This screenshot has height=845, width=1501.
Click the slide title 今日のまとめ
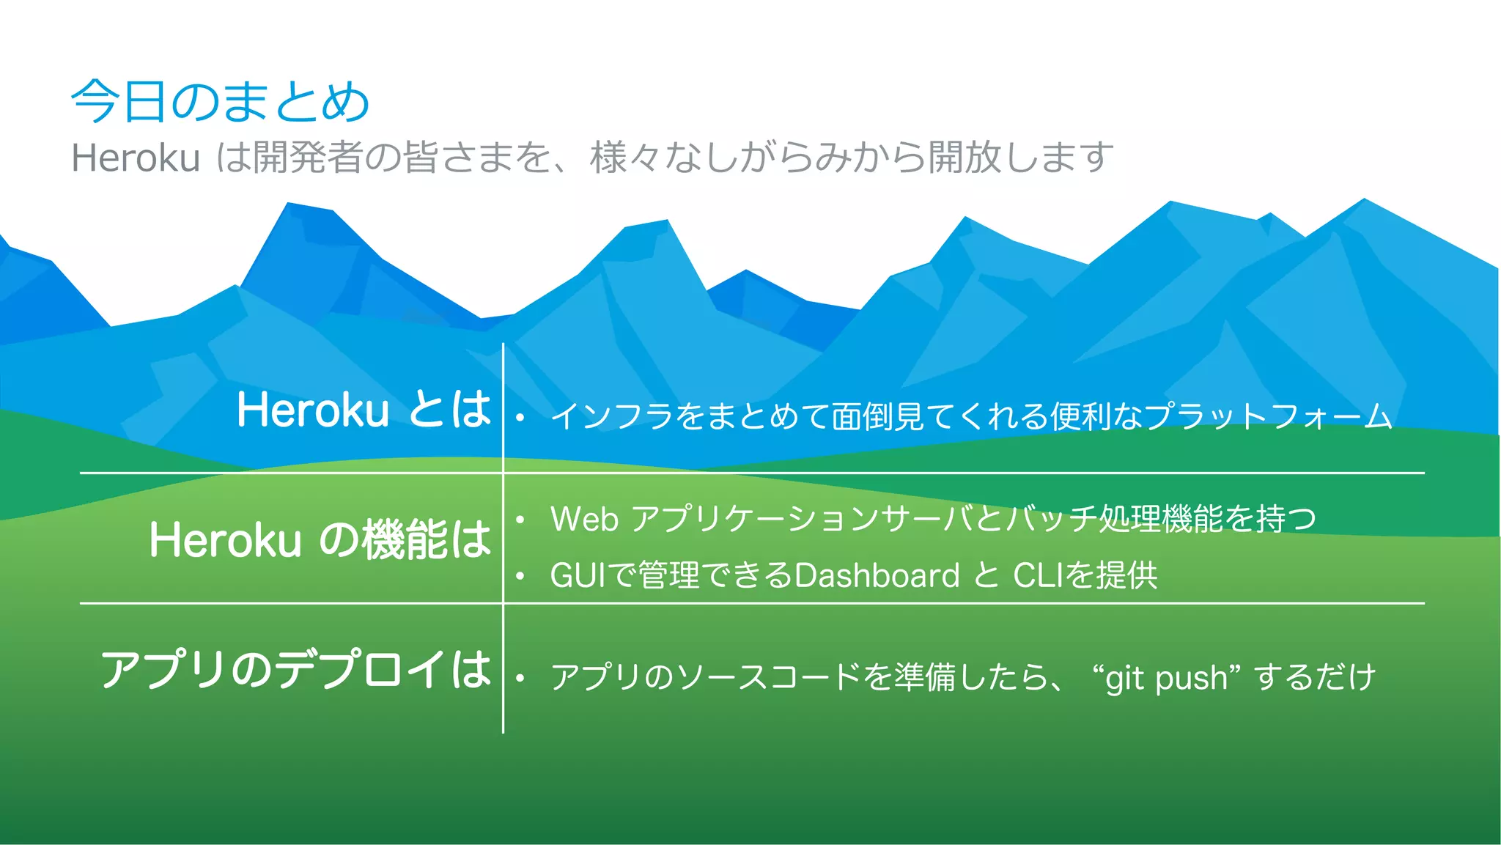pyautogui.click(x=220, y=101)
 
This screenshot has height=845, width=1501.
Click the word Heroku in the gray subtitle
pyautogui.click(x=136, y=158)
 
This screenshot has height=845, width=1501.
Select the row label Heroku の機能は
pyautogui.click(x=320, y=539)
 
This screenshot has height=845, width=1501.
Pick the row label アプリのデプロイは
pyautogui.click(x=295, y=669)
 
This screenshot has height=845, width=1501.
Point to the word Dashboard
pyautogui.click(x=877, y=575)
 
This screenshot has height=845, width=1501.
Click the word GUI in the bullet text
pyautogui.click(x=578, y=575)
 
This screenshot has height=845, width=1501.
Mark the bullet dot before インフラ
pyautogui.click(x=520, y=418)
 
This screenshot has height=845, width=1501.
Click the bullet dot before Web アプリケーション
pyautogui.click(x=520, y=520)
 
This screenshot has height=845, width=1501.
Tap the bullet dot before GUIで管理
pyautogui.click(x=520, y=577)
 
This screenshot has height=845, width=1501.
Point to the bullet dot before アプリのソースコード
pyautogui.click(x=520, y=679)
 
